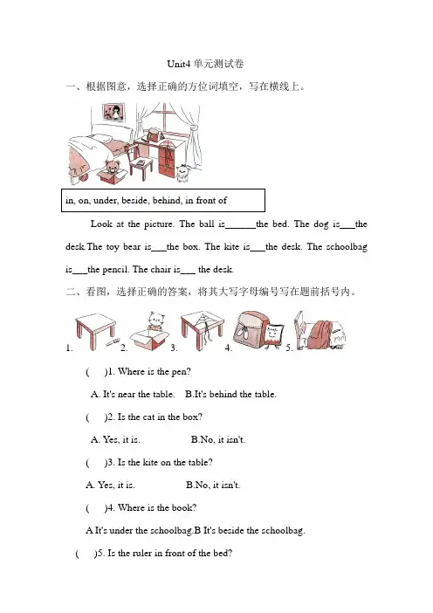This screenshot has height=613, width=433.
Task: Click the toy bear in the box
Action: coord(112,168)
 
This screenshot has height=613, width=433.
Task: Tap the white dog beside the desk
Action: coord(183,173)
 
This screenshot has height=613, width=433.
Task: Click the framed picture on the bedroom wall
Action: coord(113,112)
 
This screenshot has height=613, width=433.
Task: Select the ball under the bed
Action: coord(83,178)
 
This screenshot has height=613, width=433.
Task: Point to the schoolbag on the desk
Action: coord(155,134)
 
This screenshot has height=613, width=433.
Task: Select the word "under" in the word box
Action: coord(105,201)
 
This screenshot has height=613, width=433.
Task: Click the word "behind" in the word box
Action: coord(168,201)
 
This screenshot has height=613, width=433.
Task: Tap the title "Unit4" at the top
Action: coord(179,64)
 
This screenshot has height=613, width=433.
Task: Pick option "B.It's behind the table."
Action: coord(230,394)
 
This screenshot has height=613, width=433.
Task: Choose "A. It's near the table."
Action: coord(133,394)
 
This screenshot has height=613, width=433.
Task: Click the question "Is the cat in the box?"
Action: coord(160,417)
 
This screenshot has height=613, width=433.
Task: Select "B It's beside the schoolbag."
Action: coord(250,531)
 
